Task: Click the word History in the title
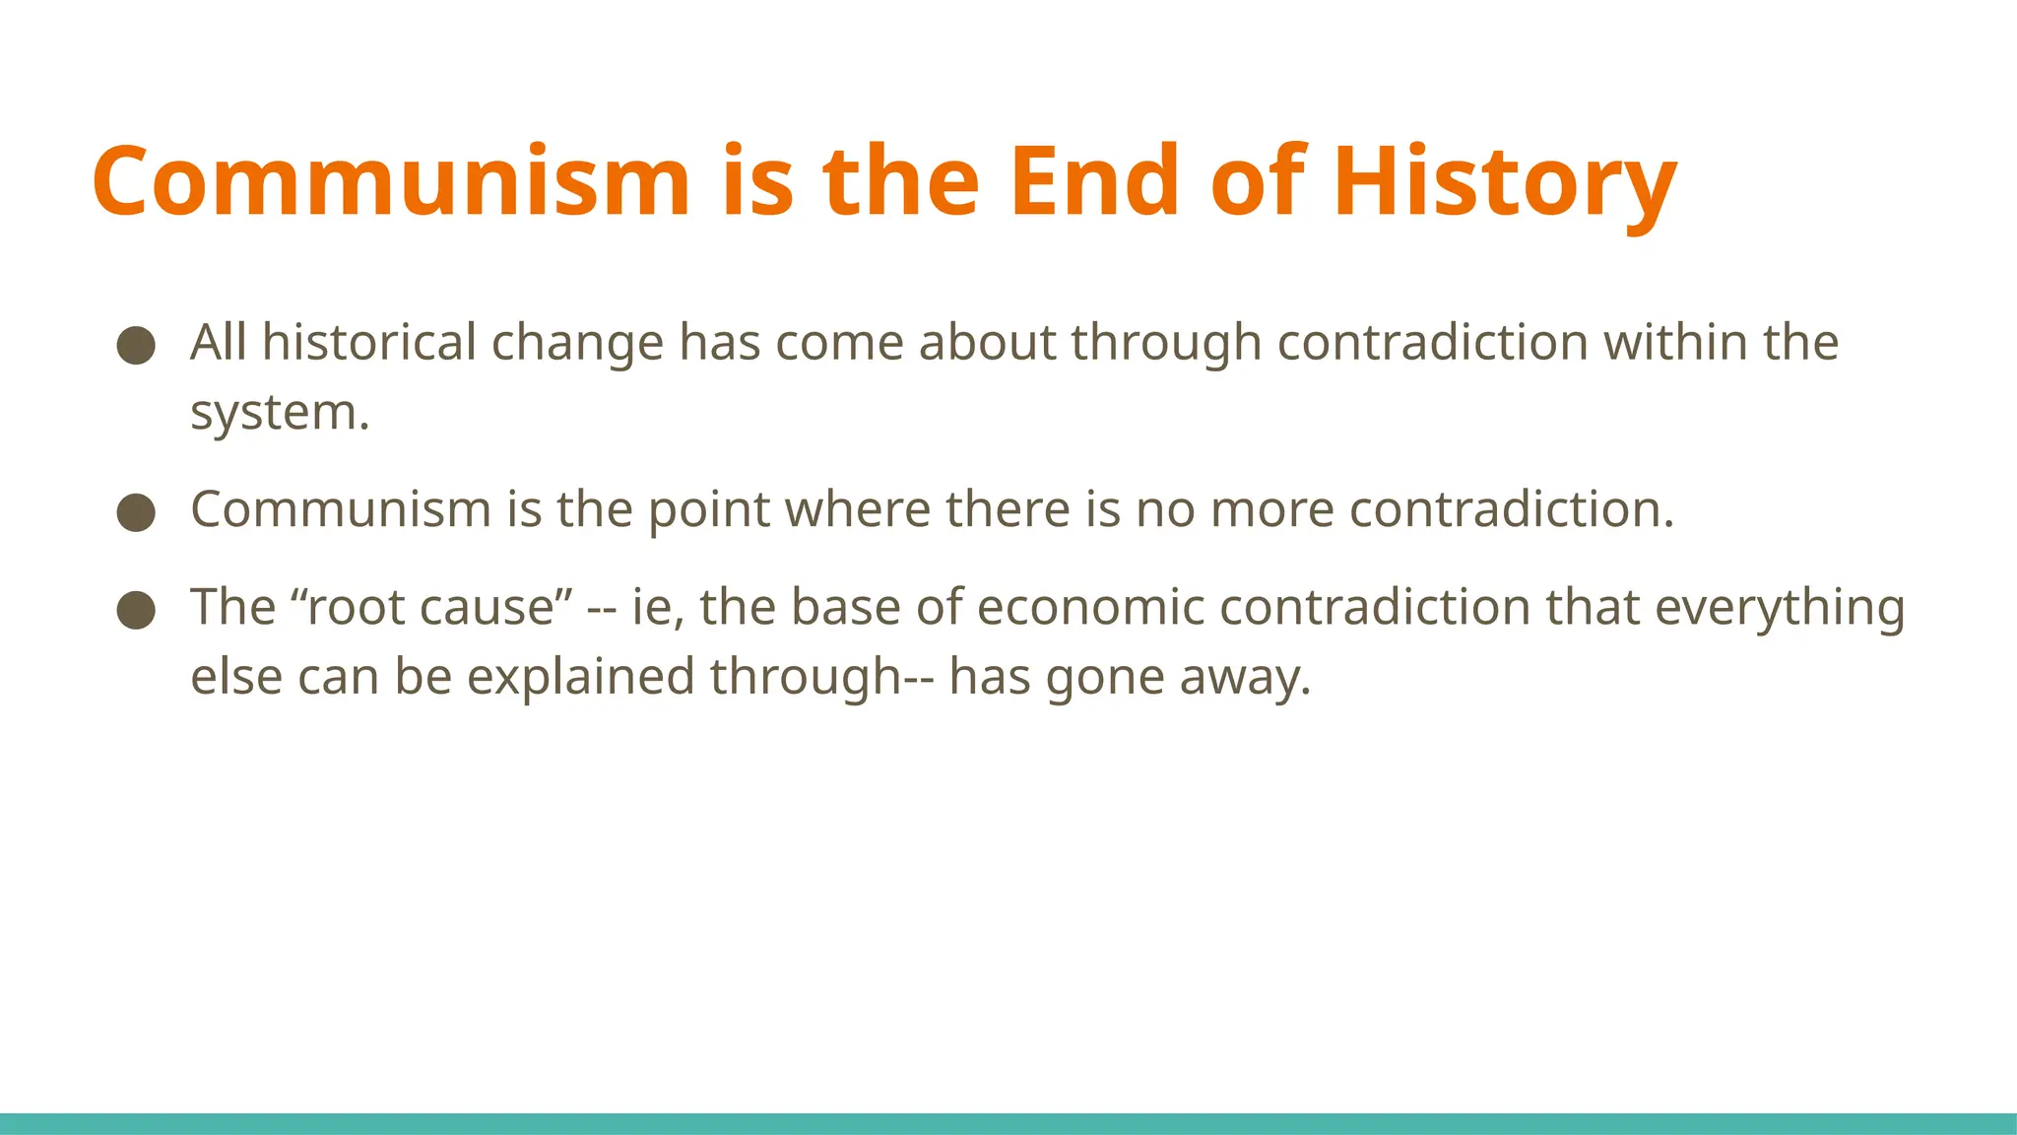coord(1504,183)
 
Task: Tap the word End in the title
coord(1094,181)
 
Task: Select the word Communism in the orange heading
coord(391,183)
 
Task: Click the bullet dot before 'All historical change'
coord(136,346)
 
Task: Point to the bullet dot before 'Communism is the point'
coord(136,512)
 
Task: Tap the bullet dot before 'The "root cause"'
coord(136,610)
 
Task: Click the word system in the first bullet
coord(279,413)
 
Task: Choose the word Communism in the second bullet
coord(341,510)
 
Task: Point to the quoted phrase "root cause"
coord(432,607)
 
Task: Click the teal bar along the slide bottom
coord(1008,1123)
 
